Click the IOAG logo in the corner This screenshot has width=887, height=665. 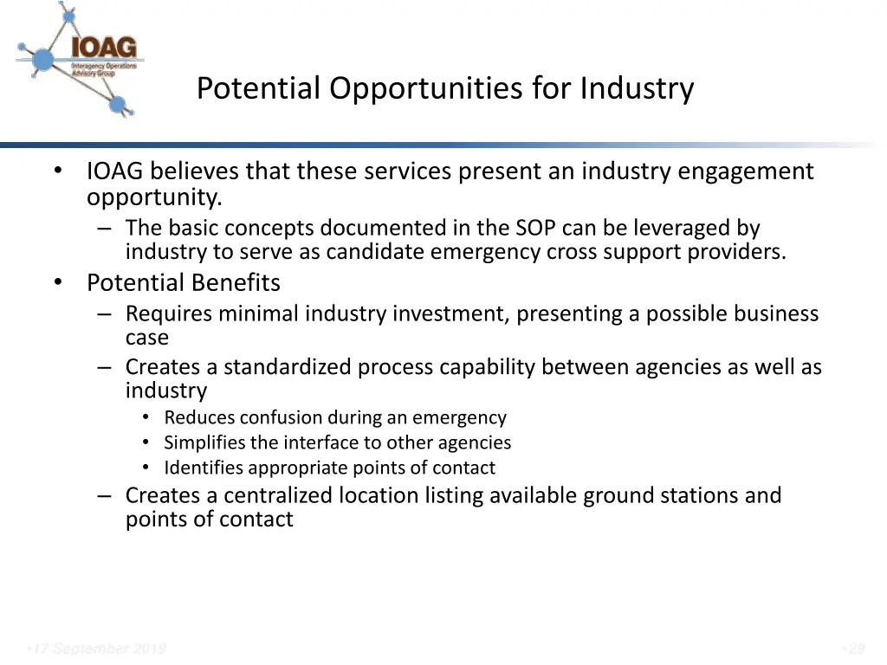pyautogui.click(x=80, y=59)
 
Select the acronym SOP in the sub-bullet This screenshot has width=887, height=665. pyautogui.click(x=536, y=229)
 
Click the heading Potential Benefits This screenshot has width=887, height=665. pyautogui.click(x=184, y=283)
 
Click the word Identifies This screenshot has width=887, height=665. pyautogui.click(x=204, y=468)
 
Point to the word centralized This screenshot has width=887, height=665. pyautogui.click(x=277, y=495)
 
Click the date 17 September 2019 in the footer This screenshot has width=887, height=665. pyautogui.click(x=96, y=649)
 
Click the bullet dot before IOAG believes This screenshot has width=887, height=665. pyautogui.click(x=57, y=171)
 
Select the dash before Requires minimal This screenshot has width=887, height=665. pyautogui.click(x=105, y=313)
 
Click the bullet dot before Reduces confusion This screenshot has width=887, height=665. pyautogui.click(x=146, y=417)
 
